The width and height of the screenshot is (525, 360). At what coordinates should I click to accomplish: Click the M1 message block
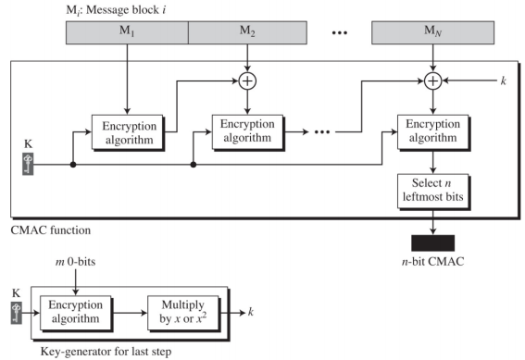(x=127, y=32)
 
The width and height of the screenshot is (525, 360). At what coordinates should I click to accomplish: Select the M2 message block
(x=247, y=32)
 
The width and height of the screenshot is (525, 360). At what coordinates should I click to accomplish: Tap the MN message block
(x=432, y=32)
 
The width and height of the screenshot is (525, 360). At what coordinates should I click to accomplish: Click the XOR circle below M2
(x=247, y=81)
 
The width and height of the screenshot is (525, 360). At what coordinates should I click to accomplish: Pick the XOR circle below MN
(x=433, y=81)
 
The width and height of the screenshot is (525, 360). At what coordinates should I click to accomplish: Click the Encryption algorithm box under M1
(x=128, y=133)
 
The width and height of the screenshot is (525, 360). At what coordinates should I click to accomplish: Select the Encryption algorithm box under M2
(x=248, y=133)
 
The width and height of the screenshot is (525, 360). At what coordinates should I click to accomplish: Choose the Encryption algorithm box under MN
(x=434, y=133)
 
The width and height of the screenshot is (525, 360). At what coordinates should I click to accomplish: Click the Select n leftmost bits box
(x=434, y=192)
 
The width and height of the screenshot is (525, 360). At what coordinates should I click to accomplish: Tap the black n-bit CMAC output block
(x=433, y=242)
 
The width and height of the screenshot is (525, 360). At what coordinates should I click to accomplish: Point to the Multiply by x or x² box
(x=184, y=313)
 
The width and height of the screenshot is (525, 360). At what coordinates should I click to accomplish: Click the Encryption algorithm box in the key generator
(x=76, y=313)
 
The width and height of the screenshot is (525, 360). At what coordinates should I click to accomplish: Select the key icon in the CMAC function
(x=28, y=164)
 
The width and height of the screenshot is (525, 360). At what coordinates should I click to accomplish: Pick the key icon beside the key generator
(x=17, y=313)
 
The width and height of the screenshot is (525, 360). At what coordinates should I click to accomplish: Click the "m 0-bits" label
(x=75, y=262)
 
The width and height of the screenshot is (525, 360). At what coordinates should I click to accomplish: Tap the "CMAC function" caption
(x=51, y=230)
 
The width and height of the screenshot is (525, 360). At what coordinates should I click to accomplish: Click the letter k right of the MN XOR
(x=503, y=81)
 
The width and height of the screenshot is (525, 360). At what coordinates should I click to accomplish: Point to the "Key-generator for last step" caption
(x=106, y=352)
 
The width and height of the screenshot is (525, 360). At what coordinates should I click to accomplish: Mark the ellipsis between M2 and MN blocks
(x=340, y=32)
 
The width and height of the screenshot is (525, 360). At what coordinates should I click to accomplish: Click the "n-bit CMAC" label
(x=433, y=261)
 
